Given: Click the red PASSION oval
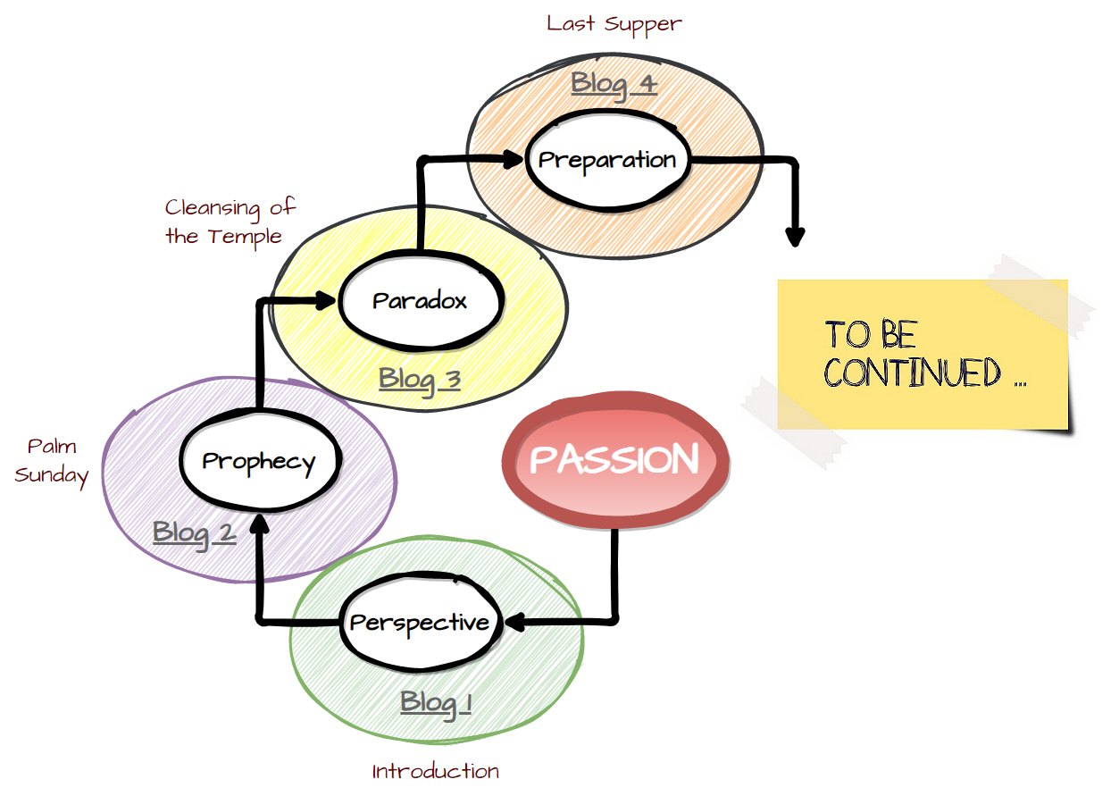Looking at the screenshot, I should tap(615, 461).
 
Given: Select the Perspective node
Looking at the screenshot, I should tap(419, 623).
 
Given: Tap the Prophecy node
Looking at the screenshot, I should tap(259, 462).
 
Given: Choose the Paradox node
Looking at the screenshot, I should tap(420, 301).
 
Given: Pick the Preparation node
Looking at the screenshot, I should tap(607, 160).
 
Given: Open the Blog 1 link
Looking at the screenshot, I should tap(436, 702).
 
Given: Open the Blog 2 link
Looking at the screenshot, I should tap(194, 532).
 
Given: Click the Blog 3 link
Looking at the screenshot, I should tap(420, 380).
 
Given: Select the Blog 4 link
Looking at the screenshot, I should tap(614, 84).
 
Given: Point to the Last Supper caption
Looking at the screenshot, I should tap(614, 23).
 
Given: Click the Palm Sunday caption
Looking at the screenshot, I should tap(52, 461).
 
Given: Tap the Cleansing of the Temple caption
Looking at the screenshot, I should tap(230, 222).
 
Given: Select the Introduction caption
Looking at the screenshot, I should tap(436, 771).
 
